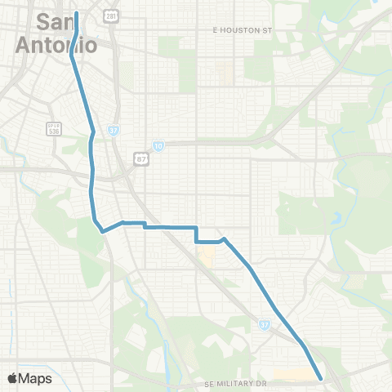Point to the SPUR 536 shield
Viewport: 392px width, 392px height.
(54, 127)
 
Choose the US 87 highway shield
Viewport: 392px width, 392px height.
(141, 158)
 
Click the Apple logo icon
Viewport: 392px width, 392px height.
(12, 378)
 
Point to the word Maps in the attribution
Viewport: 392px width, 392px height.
(36, 378)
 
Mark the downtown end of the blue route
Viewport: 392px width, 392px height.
(78, 14)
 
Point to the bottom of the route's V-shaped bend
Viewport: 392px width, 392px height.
(102, 232)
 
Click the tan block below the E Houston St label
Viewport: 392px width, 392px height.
(229, 74)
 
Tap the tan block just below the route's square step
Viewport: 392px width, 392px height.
(207, 257)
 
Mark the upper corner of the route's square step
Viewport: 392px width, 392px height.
(197, 227)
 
